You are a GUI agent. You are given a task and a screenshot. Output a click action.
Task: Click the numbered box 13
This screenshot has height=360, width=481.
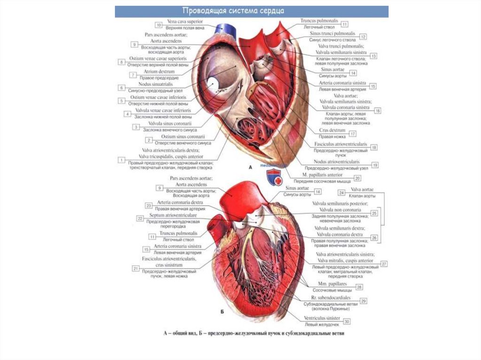[373, 56]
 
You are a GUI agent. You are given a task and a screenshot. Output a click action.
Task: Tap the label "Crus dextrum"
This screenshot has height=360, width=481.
[334, 130]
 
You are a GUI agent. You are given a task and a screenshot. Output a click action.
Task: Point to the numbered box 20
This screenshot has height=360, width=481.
[357, 178]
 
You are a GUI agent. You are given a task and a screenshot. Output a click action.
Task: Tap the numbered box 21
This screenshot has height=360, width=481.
[135, 268]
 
